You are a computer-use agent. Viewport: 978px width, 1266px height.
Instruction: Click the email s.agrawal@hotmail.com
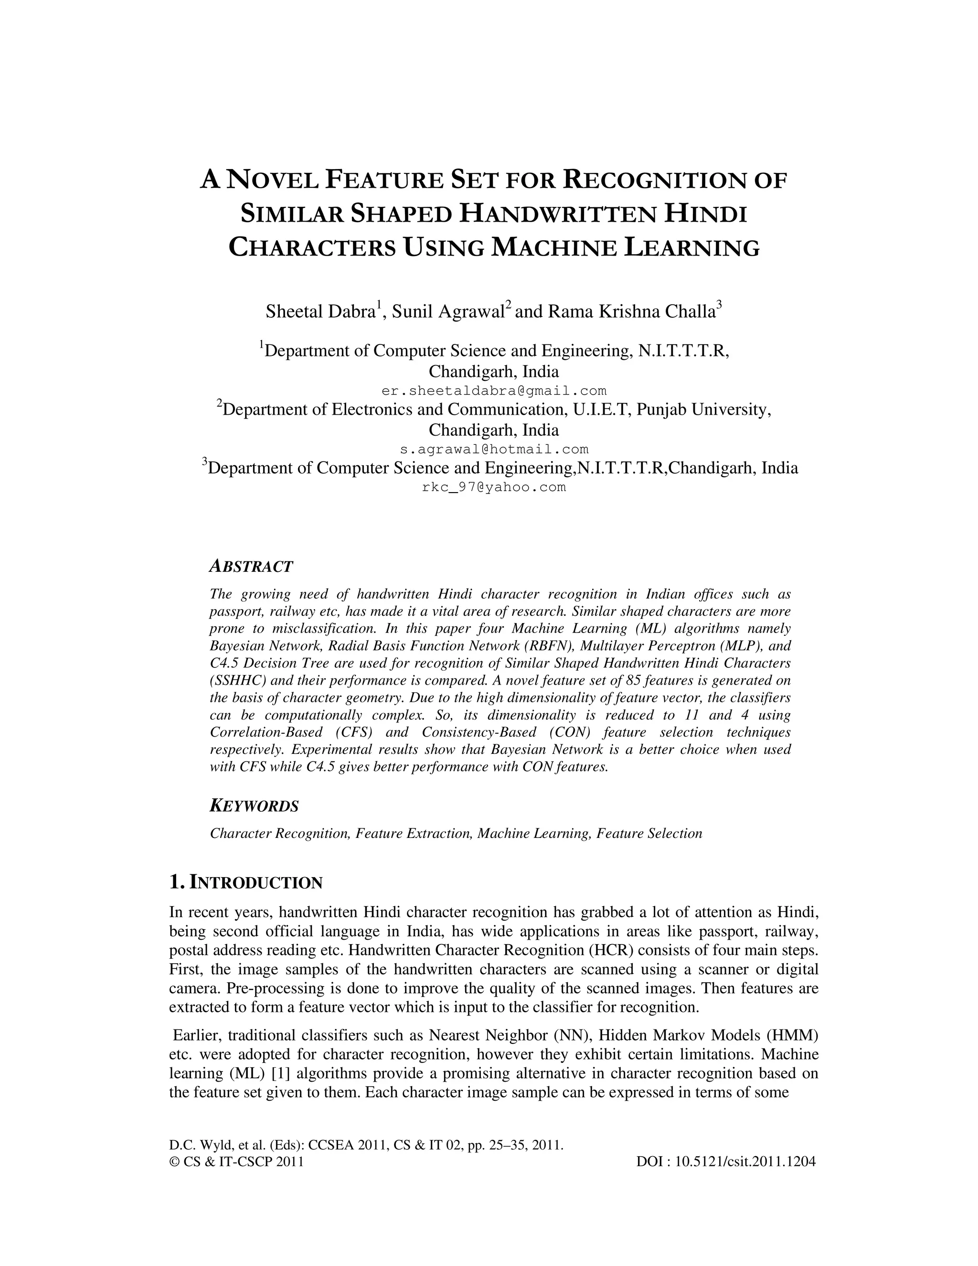pos(494,449)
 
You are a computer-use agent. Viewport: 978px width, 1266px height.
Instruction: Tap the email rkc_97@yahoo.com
pos(494,487)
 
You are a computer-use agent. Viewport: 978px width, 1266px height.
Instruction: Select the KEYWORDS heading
pos(254,806)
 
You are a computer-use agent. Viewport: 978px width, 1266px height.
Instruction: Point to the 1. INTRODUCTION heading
pos(245,883)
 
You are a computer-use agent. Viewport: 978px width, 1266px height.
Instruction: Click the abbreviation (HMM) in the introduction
pos(793,1035)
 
